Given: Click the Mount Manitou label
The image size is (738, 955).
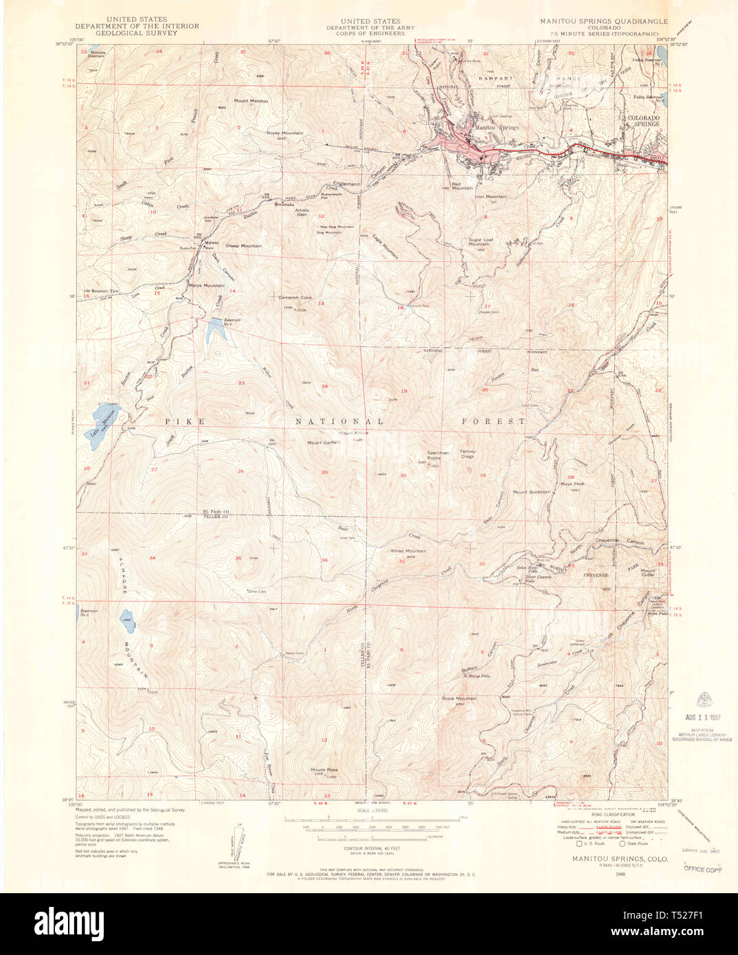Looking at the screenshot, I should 251,101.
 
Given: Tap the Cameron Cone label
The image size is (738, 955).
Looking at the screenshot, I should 295,297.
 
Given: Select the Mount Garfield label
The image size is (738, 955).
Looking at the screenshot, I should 324,442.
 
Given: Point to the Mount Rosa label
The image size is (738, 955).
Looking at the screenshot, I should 323,769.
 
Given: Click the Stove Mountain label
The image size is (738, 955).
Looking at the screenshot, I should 458,698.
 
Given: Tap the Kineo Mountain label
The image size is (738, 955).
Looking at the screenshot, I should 408,551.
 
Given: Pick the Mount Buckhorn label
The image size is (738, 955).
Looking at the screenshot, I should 531,492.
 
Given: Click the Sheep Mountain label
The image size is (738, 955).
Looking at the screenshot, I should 243,245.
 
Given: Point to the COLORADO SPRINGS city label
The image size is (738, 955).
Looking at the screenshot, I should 643,121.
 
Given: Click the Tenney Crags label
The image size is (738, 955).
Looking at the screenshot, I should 467,454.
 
